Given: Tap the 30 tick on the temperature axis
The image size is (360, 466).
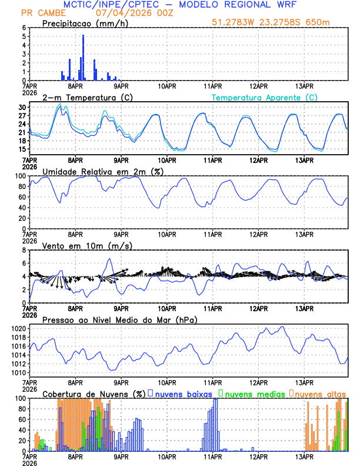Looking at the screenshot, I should (22, 108).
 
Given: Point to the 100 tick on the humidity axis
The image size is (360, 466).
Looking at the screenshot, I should (20, 176).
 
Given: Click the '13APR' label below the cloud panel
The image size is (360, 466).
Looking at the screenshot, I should (304, 455).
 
